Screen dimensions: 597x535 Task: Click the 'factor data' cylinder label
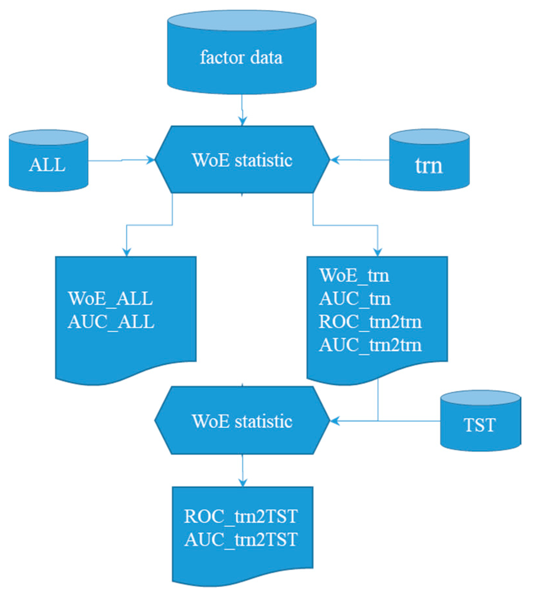coord(241,58)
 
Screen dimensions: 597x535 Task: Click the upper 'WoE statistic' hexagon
coord(242,160)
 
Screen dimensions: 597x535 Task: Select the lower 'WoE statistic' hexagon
coord(242,421)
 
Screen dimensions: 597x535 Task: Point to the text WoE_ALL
coord(110,298)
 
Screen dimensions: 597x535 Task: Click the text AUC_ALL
coord(111,321)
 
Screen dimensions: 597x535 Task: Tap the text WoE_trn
coord(354,275)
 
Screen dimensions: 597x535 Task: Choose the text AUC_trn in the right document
coord(355,298)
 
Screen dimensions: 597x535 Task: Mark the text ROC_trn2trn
coord(370,322)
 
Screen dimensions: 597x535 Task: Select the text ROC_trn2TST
coord(241,516)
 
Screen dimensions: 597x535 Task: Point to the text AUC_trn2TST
coord(241,539)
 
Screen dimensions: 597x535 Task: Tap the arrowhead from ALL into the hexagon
coord(151,160)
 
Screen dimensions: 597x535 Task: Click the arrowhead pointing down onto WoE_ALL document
coord(126,252)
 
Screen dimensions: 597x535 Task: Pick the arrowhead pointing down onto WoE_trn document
coord(378,252)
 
